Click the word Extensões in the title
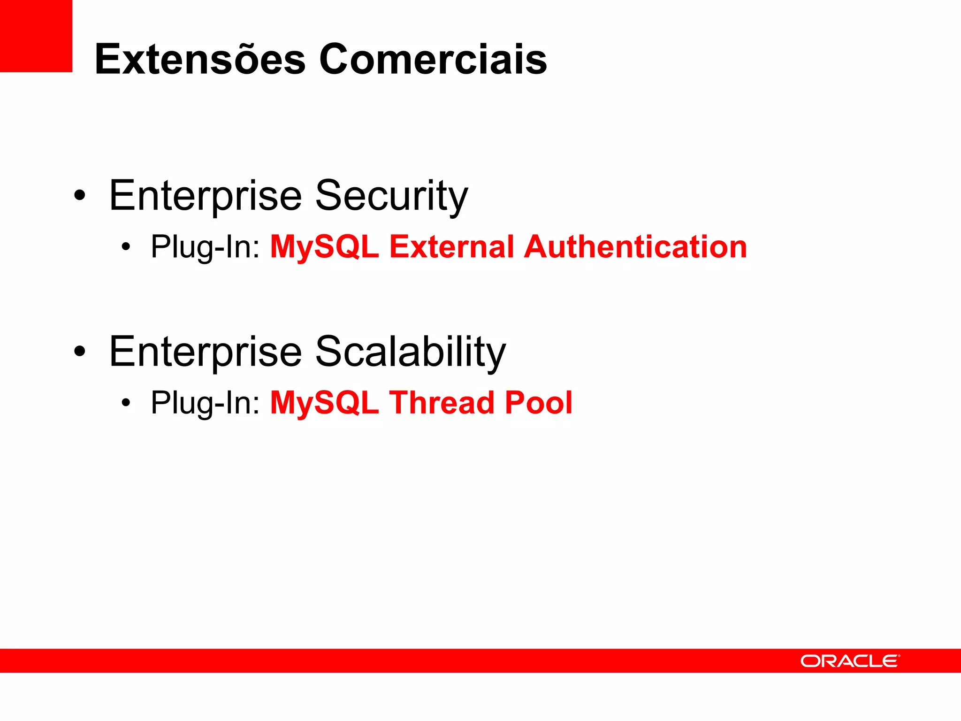[200, 59]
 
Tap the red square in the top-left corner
[36, 36]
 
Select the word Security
[391, 196]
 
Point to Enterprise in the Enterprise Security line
[206, 196]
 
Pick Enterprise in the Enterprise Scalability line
[206, 352]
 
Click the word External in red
[451, 247]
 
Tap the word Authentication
[635, 247]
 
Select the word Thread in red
[442, 403]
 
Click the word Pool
[539, 403]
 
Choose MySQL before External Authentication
[324, 247]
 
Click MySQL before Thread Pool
[324, 403]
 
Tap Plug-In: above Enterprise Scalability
[205, 247]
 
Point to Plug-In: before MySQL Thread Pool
[205, 403]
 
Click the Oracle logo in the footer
[850, 661]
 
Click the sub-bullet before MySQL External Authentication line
[125, 246]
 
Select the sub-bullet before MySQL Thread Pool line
[125, 402]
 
